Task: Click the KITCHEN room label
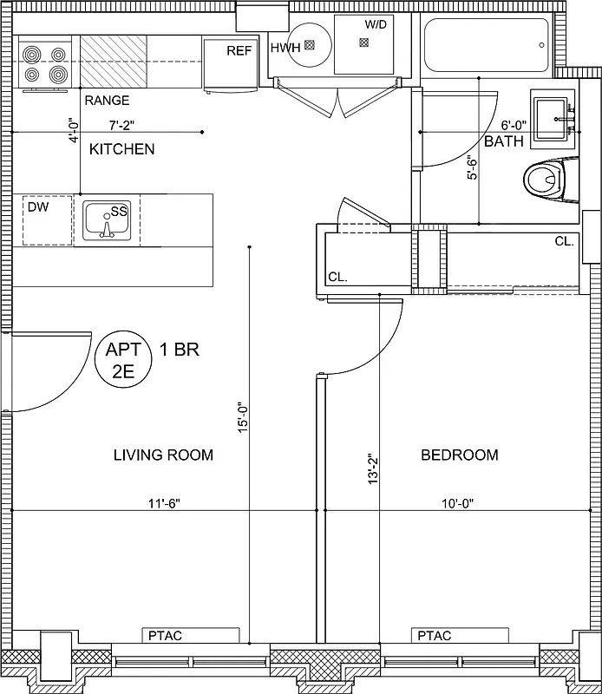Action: [x=122, y=149]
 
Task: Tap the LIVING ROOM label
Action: [x=163, y=455]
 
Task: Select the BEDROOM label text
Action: [x=459, y=455]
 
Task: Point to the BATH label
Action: [x=503, y=142]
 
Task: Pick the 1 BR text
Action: [x=180, y=350]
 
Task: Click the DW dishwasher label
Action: [x=37, y=208]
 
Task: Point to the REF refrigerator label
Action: [x=239, y=51]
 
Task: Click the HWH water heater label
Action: [x=285, y=48]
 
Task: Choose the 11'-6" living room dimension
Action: [x=163, y=502]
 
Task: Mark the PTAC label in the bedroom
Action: [x=434, y=636]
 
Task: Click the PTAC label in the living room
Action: [x=166, y=636]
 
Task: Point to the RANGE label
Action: [x=107, y=101]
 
